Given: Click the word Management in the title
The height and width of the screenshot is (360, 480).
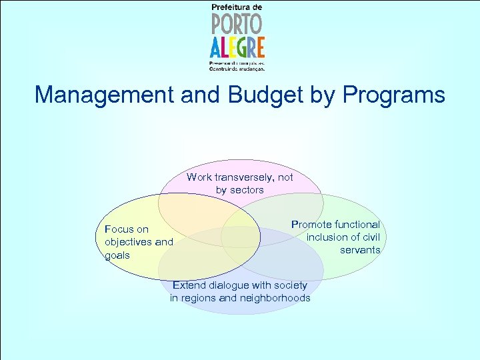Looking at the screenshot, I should (x=105, y=95).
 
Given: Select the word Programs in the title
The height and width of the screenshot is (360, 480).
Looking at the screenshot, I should (x=393, y=95).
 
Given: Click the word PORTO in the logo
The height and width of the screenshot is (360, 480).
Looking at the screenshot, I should (x=237, y=25).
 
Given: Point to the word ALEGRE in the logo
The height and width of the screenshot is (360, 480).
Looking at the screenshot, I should (x=237, y=47).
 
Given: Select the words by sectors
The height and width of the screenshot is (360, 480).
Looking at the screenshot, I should (x=240, y=190).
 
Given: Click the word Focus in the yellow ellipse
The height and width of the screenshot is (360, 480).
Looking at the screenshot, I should (x=117, y=229).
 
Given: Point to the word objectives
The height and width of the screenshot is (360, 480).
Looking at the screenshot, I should (x=128, y=242).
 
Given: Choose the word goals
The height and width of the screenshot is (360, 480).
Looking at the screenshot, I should (x=117, y=255).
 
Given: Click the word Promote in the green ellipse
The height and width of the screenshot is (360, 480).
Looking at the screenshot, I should (x=312, y=225).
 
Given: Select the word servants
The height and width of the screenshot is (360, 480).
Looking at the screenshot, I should (x=360, y=250).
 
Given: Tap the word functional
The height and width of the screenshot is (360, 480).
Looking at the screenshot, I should (x=357, y=225).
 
